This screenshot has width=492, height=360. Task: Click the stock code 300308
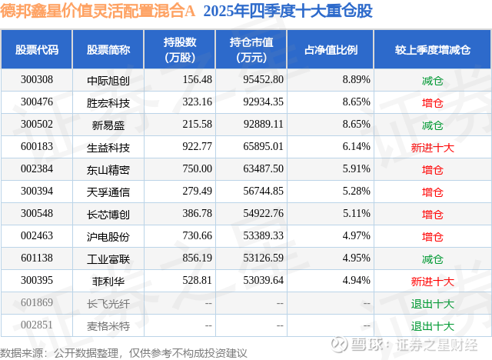click(x=37, y=79)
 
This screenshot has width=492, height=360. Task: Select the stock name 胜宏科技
click(x=108, y=102)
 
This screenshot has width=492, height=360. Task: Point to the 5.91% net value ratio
click(x=356, y=169)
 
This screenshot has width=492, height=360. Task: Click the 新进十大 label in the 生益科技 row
click(x=433, y=147)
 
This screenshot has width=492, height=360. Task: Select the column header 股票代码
click(x=37, y=50)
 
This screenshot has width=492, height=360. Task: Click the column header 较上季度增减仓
click(x=433, y=50)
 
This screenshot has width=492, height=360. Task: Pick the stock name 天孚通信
click(x=108, y=192)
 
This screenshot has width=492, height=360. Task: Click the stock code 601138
click(x=37, y=259)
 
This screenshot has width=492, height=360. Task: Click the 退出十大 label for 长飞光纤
click(x=433, y=304)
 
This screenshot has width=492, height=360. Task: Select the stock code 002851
click(x=37, y=326)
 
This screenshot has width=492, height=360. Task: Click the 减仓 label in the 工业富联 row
click(x=433, y=259)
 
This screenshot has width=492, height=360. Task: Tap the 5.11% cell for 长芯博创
click(x=356, y=214)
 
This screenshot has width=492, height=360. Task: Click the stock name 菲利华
click(x=108, y=282)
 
